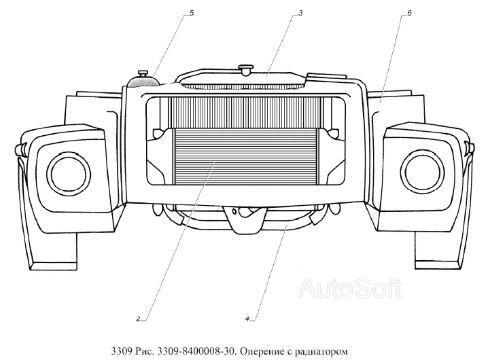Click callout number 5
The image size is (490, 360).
[191, 13]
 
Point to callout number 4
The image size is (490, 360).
[249, 317]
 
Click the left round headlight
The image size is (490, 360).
[69, 170]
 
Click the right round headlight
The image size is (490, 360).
[421, 170]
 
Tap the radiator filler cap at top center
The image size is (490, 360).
[245, 69]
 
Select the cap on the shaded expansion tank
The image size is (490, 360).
[145, 72]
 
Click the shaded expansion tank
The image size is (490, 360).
[143, 82]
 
